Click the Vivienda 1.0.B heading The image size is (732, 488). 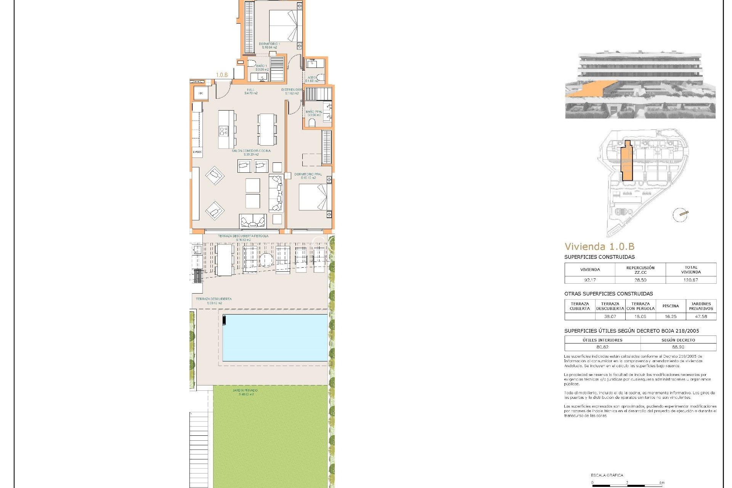click(599, 247)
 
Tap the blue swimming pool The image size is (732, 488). click(275, 337)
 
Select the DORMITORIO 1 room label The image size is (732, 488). click(269, 44)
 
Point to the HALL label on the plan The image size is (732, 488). click(250, 90)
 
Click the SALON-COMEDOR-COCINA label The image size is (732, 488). click(251, 151)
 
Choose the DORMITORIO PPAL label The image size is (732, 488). click(308, 175)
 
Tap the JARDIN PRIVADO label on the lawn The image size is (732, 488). click(245, 390)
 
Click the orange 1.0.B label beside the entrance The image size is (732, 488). click(222, 75)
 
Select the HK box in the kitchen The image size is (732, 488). click(201, 93)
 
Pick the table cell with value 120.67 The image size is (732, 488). click(691, 280)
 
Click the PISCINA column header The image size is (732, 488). click(671, 306)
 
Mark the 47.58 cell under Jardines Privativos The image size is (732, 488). click(701, 316)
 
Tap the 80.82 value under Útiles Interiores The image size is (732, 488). click(602, 347)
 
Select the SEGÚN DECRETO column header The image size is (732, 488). click(678, 340)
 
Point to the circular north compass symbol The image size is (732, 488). click(680, 215)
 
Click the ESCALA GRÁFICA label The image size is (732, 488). click(607, 475)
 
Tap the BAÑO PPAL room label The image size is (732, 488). click(314, 112)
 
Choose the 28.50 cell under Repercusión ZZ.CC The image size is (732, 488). click(640, 280)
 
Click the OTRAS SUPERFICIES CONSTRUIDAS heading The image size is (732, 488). click(608, 294)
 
